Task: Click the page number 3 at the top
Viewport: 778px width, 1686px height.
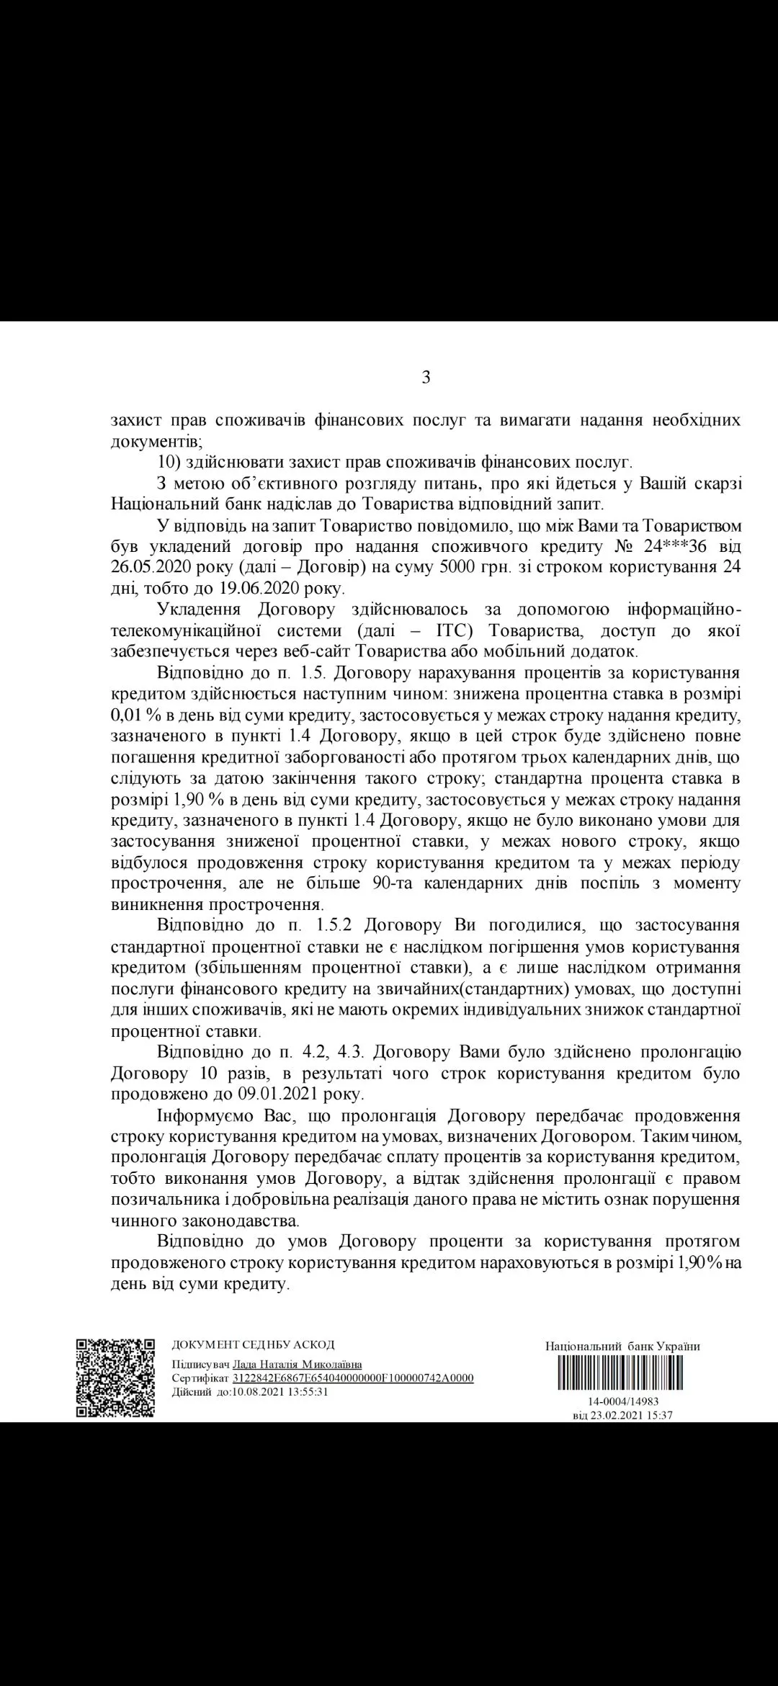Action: tap(426, 377)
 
